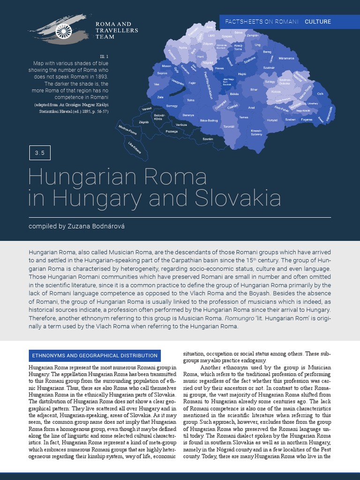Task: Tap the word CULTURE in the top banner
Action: tap(317, 22)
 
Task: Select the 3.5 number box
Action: tap(39, 153)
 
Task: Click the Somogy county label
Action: tap(172, 106)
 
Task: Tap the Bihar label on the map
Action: tap(254, 89)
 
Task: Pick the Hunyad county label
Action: tap(272, 120)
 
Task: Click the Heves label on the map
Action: tap(219, 68)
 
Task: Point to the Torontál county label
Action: tap(229, 126)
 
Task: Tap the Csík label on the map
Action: tap(321, 94)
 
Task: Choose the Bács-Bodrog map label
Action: tap(209, 120)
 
